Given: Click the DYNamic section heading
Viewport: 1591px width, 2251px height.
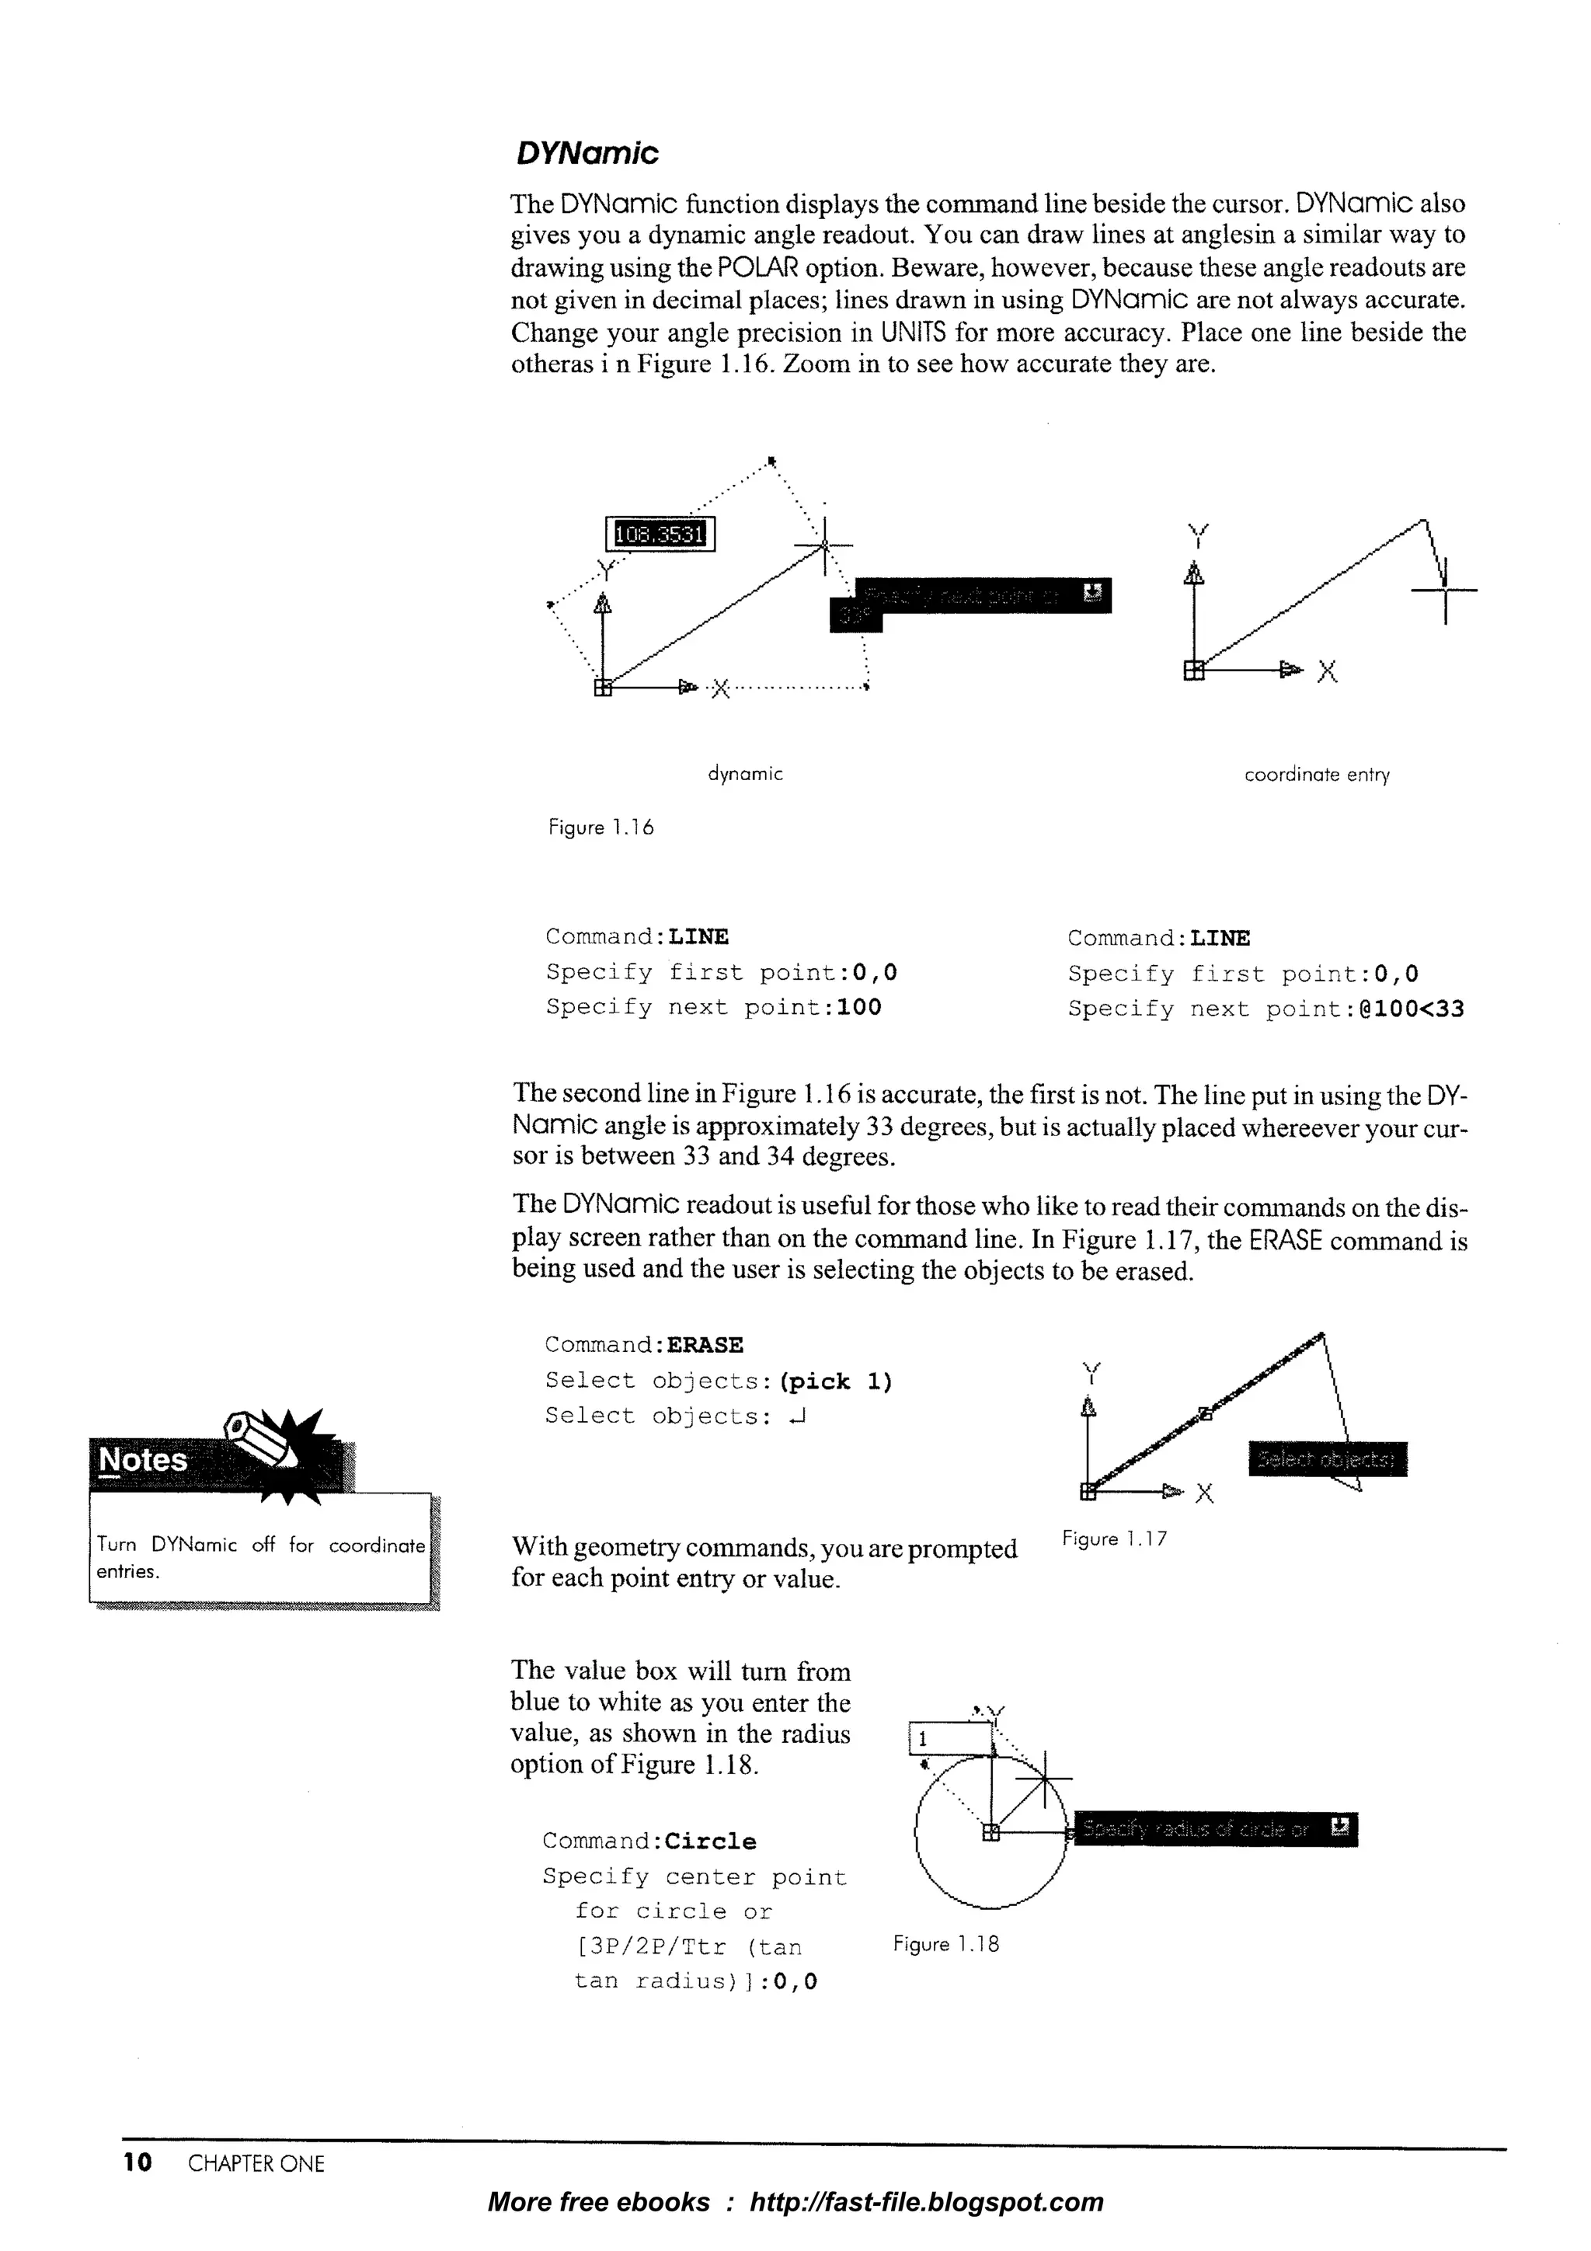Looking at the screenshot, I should point(587,154).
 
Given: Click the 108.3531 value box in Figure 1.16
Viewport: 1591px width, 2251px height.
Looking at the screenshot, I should point(660,535).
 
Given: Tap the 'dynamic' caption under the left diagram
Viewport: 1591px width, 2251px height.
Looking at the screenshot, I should point(745,775).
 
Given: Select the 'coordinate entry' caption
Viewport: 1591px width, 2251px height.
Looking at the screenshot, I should point(1317,775).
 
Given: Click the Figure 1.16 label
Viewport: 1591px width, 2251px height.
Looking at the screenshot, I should point(600,828).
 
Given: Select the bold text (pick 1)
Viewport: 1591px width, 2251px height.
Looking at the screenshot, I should point(836,1382).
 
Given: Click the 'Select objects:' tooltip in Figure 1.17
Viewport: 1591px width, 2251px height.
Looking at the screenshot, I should point(1328,1460).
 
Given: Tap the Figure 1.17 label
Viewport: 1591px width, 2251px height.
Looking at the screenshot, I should point(1115,1538).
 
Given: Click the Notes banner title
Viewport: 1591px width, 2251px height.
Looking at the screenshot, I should point(143,1460).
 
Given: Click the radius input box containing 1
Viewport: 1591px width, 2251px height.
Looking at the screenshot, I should point(951,1739).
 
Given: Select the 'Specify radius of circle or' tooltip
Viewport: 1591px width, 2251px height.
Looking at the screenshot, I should point(1214,1828).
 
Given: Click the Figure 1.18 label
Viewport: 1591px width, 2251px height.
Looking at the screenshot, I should point(946,1944).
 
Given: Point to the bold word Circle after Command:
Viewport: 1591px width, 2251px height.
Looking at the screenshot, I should point(710,1842).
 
